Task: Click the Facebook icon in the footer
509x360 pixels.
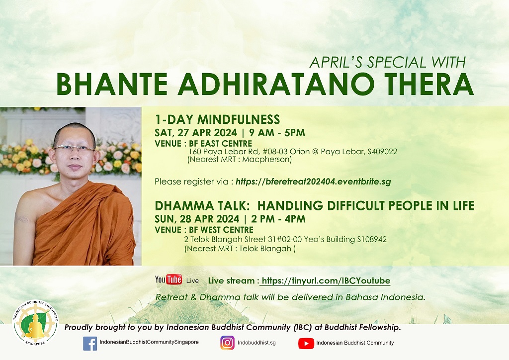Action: pos(90,343)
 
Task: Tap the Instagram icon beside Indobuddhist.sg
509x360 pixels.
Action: pos(227,343)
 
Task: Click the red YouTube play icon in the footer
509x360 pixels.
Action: pos(306,343)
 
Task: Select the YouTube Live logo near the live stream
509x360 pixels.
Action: pos(177,280)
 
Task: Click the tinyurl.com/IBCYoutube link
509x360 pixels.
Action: pos(326,281)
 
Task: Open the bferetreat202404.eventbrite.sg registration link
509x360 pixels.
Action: pos(313,182)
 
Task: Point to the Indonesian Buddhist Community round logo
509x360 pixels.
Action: pos(35,322)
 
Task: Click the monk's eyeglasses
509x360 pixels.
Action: pos(74,148)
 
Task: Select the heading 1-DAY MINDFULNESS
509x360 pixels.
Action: pos(217,119)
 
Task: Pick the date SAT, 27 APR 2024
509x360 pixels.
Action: pos(196,133)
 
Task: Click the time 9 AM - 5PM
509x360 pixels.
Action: pos(277,133)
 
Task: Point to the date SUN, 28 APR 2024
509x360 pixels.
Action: pos(197,219)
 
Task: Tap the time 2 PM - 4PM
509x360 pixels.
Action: pos(278,219)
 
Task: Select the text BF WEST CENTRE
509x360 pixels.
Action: pos(221,230)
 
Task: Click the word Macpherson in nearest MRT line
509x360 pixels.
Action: pos(266,160)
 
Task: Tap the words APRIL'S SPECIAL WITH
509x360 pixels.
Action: pos(388,62)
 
